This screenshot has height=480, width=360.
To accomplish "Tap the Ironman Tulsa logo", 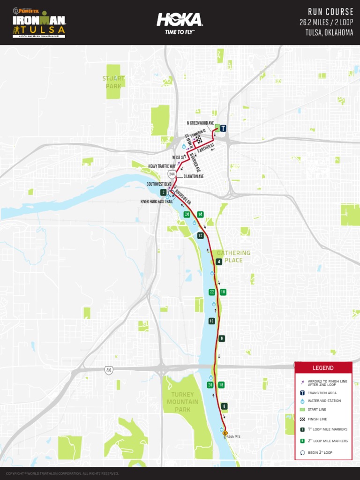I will (x=39, y=23).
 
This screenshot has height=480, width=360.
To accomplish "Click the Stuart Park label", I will (x=113, y=82).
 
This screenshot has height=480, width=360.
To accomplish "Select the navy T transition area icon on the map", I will (x=223, y=128).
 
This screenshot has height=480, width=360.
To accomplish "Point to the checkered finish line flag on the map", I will (x=199, y=139).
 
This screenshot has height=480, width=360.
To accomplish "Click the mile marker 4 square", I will (x=219, y=262).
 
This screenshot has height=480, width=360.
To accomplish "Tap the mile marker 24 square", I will (x=187, y=214).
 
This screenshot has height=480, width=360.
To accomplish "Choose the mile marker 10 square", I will (x=212, y=321).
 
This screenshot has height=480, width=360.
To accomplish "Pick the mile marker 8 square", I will (x=225, y=406).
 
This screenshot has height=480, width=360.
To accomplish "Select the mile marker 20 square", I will (x=210, y=385).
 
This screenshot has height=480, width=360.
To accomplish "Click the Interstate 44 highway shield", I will (x=109, y=370).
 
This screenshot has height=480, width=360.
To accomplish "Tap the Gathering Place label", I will (x=233, y=256).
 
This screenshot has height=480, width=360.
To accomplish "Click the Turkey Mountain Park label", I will (x=183, y=402).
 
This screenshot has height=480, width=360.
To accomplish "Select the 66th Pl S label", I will (x=233, y=436).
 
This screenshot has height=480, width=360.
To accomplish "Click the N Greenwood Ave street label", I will (x=200, y=123).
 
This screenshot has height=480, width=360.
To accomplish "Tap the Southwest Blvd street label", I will (x=159, y=184).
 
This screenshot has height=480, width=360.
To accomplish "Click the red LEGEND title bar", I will (x=323, y=368).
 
